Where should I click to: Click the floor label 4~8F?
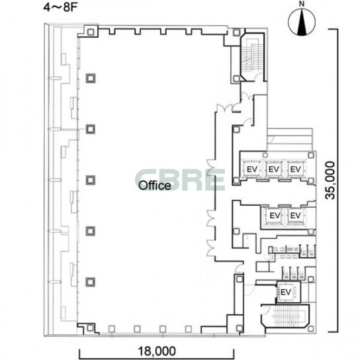pyautogui.click(x=60, y=7)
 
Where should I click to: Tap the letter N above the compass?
pyautogui.click(x=302, y=4)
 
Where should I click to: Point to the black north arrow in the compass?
pyautogui.click(x=302, y=23)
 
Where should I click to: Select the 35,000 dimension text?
pyautogui.click(x=330, y=180)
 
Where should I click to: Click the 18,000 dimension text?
pyautogui.click(x=157, y=351)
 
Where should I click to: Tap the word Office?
pyautogui.click(x=155, y=185)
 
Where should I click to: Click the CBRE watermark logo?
pyautogui.click(x=180, y=180)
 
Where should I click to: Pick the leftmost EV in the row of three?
pyautogui.click(x=252, y=169)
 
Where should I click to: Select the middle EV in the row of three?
pyautogui.click(x=274, y=169)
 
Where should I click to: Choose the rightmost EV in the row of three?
pyautogui.click(x=296, y=169)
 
